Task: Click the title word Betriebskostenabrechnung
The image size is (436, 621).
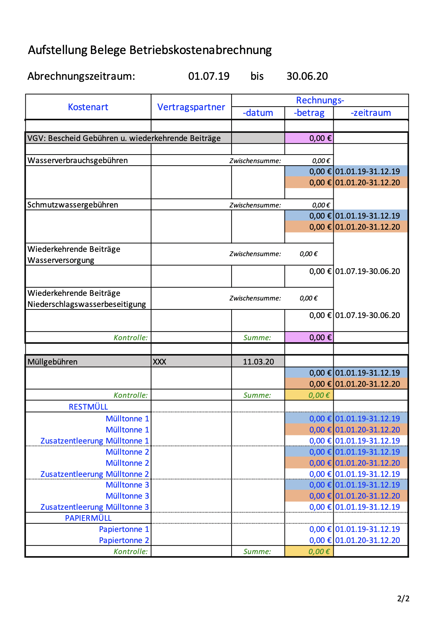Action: click(200, 50)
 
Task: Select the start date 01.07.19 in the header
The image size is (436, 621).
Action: click(209, 76)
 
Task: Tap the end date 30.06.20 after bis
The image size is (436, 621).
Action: click(307, 76)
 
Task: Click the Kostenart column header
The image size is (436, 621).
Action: click(88, 107)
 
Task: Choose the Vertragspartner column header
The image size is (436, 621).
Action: click(191, 107)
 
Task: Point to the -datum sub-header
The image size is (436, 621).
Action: click(258, 113)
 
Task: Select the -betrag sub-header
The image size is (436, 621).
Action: click(309, 113)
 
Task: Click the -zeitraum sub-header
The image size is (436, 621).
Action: click(370, 113)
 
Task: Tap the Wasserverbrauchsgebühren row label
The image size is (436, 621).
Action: click(78, 160)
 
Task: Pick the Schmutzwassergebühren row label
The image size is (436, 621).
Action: click(73, 205)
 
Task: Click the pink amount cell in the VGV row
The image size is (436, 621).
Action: click(309, 138)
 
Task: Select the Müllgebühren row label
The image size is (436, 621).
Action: click(53, 362)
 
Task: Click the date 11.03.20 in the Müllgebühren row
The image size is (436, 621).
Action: click(258, 362)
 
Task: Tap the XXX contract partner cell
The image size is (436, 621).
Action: click(160, 362)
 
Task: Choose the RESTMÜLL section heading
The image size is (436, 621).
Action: click(88, 407)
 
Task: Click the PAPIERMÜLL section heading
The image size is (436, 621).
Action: click(88, 518)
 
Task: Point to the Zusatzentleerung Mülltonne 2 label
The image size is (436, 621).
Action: click(95, 474)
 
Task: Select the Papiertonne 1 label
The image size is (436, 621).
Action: click(124, 529)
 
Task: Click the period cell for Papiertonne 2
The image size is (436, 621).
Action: click(368, 540)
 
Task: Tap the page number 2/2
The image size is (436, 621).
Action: click(403, 598)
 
